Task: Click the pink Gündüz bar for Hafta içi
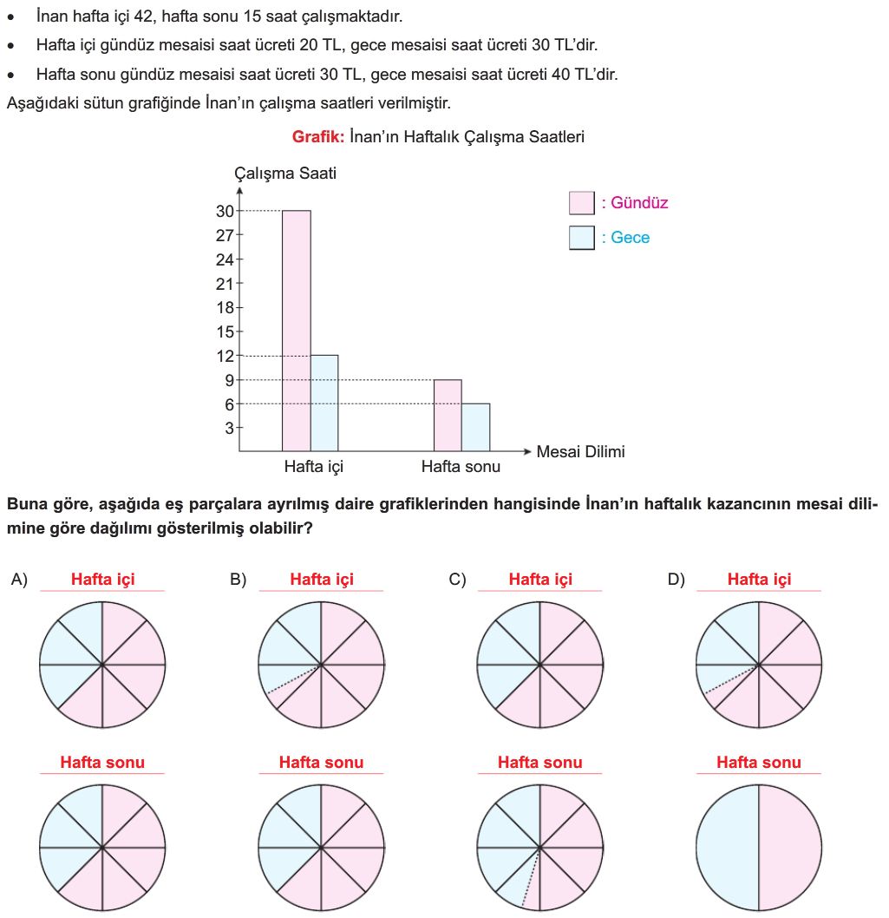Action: [x=297, y=330]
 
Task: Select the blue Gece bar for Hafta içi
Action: [x=324, y=403]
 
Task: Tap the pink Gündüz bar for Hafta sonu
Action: [x=448, y=416]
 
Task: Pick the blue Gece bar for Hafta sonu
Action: [x=475, y=427]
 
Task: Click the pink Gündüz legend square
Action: [x=581, y=203]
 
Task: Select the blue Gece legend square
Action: [x=581, y=238]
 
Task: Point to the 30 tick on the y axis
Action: [x=226, y=211]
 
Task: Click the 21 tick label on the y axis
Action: [x=226, y=283]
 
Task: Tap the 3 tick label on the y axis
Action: [x=230, y=428]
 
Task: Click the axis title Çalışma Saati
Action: [x=285, y=174]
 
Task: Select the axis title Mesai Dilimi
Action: [x=580, y=451]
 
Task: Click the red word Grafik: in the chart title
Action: [x=318, y=136]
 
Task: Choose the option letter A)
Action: [x=19, y=580]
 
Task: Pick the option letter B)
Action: [x=239, y=580]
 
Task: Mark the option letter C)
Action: [x=457, y=580]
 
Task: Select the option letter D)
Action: [x=677, y=580]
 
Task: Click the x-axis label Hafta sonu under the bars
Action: [x=461, y=467]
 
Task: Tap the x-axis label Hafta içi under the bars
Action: [x=314, y=467]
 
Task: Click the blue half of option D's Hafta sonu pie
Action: [x=727, y=847]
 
